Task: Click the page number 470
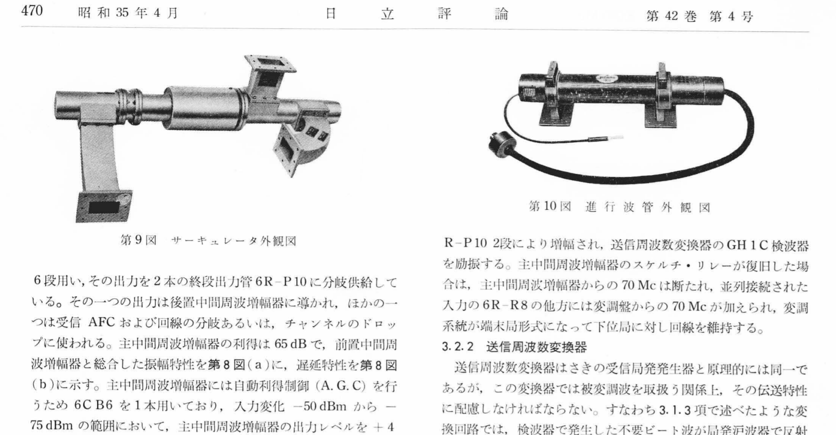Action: point(32,11)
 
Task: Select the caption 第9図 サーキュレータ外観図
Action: point(208,241)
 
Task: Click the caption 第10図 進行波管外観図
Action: point(619,206)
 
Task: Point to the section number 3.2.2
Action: point(458,347)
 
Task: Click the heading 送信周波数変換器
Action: point(536,347)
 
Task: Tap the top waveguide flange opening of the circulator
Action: point(270,64)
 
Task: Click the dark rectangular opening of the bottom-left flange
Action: point(104,208)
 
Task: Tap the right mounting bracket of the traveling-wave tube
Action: point(661,96)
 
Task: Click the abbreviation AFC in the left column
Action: point(102,323)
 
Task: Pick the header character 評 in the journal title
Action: point(444,14)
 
